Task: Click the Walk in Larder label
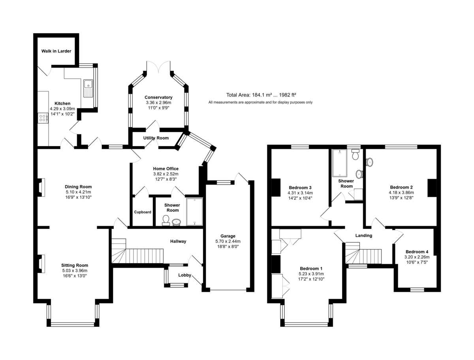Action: pos(56,51)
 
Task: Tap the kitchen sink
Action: pos(88,89)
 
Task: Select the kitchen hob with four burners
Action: pos(42,118)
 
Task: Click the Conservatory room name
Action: pos(158,97)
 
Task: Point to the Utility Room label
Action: pos(156,138)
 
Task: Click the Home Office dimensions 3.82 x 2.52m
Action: pos(166,174)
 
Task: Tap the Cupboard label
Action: pos(143,212)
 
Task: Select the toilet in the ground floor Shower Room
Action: pos(166,221)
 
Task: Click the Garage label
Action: pos(228,236)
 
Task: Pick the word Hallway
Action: pos(178,241)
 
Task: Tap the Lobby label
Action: pos(184,275)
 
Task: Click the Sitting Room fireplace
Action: pos(41,264)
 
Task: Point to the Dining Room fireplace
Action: pos(41,187)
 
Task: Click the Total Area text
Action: pos(261,95)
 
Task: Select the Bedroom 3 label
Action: pos(300,187)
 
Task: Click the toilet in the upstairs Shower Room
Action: pos(355,154)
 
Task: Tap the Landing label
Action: pos(364,236)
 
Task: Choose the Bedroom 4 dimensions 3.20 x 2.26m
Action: pos(417,257)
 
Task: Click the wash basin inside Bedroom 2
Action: pos(369,162)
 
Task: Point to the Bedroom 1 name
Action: pos(311,268)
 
